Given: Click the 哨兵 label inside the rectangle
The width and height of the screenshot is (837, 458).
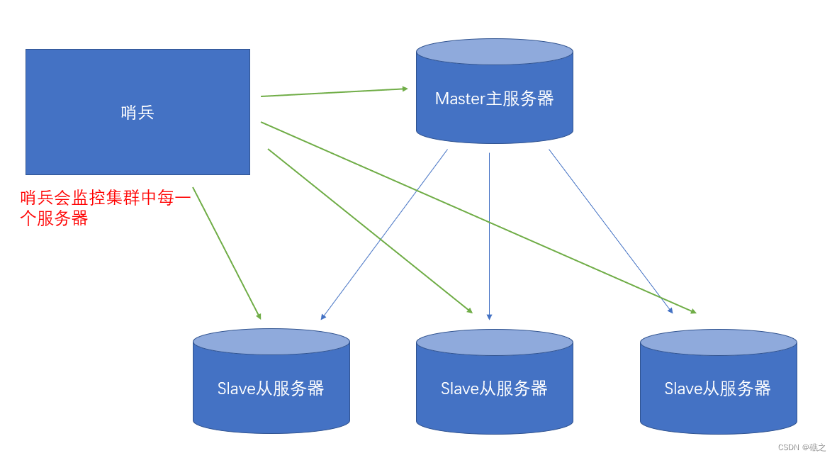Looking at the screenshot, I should click(137, 112).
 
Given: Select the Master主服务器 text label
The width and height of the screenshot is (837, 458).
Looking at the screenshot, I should click(494, 99).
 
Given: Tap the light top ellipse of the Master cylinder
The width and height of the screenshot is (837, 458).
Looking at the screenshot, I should click(494, 52).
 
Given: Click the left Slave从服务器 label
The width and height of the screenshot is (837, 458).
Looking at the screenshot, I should click(271, 389).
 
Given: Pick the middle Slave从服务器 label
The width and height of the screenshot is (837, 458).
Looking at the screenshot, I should click(494, 389).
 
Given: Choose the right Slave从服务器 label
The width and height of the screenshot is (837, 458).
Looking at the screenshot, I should click(717, 389).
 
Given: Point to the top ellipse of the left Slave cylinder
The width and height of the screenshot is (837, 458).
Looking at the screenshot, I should click(271, 341).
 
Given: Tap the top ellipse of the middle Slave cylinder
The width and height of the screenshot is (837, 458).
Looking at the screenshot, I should click(494, 342).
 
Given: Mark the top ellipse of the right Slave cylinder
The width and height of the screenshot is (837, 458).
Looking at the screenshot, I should click(718, 342).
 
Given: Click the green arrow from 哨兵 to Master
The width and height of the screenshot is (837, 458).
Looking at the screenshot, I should click(333, 92).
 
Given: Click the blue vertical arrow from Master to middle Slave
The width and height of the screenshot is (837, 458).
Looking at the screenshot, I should click(489, 234).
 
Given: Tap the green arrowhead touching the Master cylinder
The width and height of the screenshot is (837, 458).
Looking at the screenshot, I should click(405, 89).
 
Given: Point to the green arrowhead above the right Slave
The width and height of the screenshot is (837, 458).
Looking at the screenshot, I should click(692, 311).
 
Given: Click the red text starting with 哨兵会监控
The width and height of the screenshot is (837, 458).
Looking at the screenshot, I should click(106, 199).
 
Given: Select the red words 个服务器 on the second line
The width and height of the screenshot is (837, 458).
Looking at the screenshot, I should click(55, 219).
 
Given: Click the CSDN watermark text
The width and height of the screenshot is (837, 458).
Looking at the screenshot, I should click(802, 447).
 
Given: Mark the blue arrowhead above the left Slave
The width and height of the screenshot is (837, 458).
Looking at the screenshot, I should click(323, 317).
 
